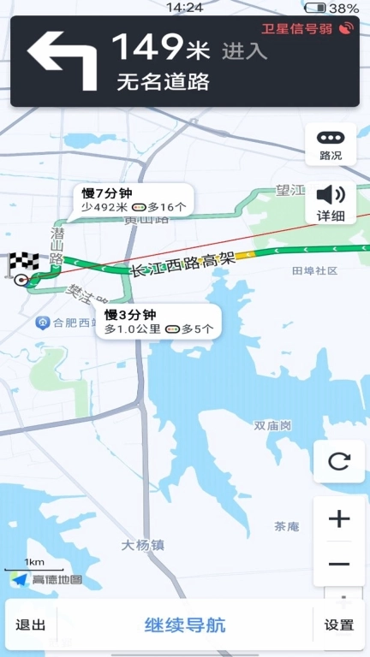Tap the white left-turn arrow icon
click(62, 60)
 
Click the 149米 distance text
click(160, 47)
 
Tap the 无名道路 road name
click(163, 83)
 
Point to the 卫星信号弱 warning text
click(296, 29)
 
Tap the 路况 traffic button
click(331, 145)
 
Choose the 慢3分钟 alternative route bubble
click(158, 322)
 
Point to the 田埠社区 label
click(314, 270)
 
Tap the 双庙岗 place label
click(272, 425)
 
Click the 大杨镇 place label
click(142, 544)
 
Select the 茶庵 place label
click(287, 526)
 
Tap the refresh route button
click(339, 462)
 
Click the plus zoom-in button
click(339, 518)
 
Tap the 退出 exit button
click(31, 624)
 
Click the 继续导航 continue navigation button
click(185, 624)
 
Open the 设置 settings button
click(339, 624)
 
